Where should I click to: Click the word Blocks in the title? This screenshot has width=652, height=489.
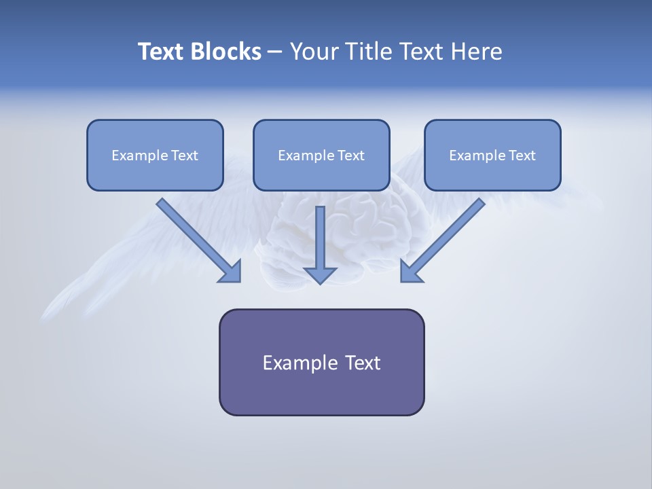(225, 52)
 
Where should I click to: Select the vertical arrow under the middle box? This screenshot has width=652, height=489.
(321, 238)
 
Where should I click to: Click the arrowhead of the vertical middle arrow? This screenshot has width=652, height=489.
(321, 274)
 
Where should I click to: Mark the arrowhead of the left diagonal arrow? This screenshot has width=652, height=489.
(231, 272)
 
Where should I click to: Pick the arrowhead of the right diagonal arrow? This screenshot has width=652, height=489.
(410, 272)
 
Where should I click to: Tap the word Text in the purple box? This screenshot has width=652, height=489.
(363, 363)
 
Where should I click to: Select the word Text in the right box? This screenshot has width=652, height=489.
(522, 156)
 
